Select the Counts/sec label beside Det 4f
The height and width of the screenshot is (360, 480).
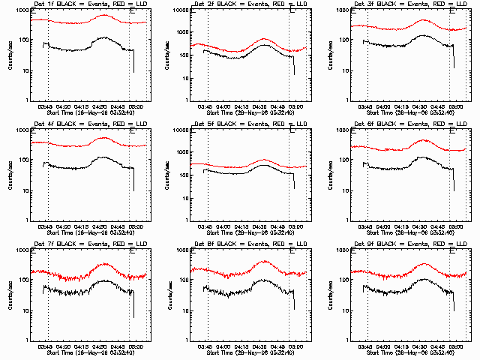click(x=10, y=175)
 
